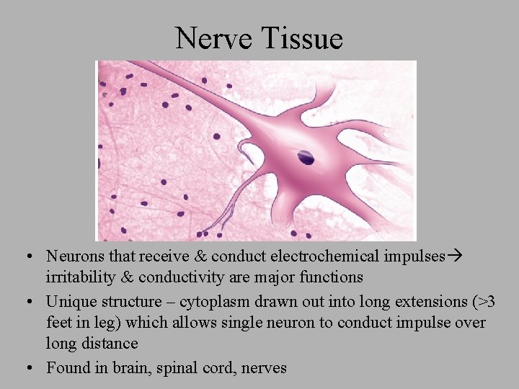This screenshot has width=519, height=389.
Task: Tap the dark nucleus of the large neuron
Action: click(x=306, y=156)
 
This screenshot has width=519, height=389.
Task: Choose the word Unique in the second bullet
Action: click(x=71, y=302)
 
